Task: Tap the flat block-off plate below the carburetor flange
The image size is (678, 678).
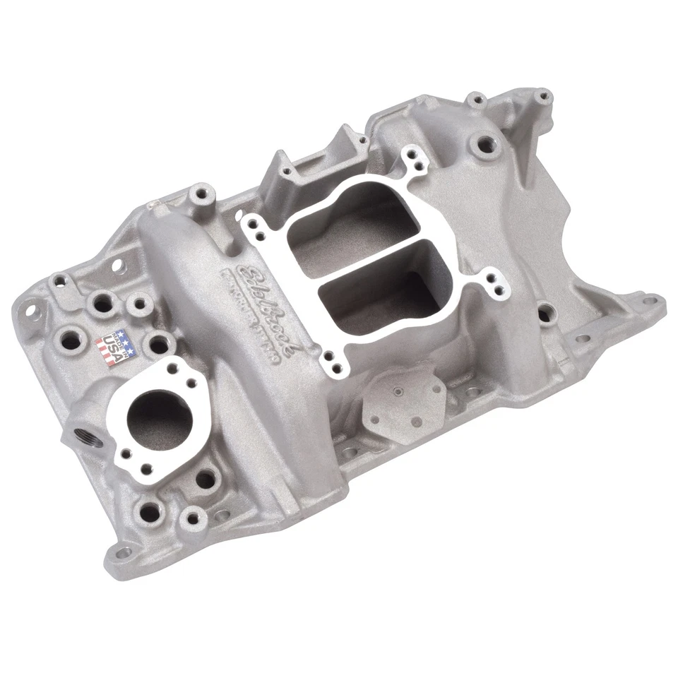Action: tap(403, 399)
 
